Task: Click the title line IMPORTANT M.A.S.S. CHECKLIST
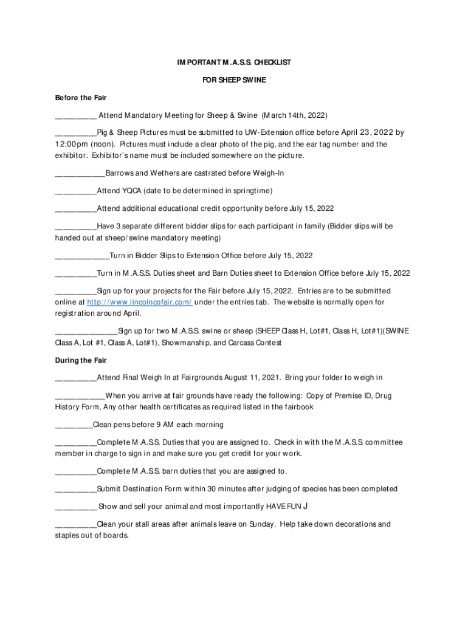234,63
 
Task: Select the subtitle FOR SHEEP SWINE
234,80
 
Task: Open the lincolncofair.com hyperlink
140,302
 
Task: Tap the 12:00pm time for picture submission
72,144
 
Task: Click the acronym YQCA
129,191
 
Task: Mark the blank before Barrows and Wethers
80,174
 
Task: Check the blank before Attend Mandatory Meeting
75,115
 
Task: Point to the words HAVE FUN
280,507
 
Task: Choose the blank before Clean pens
74,425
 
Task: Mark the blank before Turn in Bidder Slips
82,256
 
